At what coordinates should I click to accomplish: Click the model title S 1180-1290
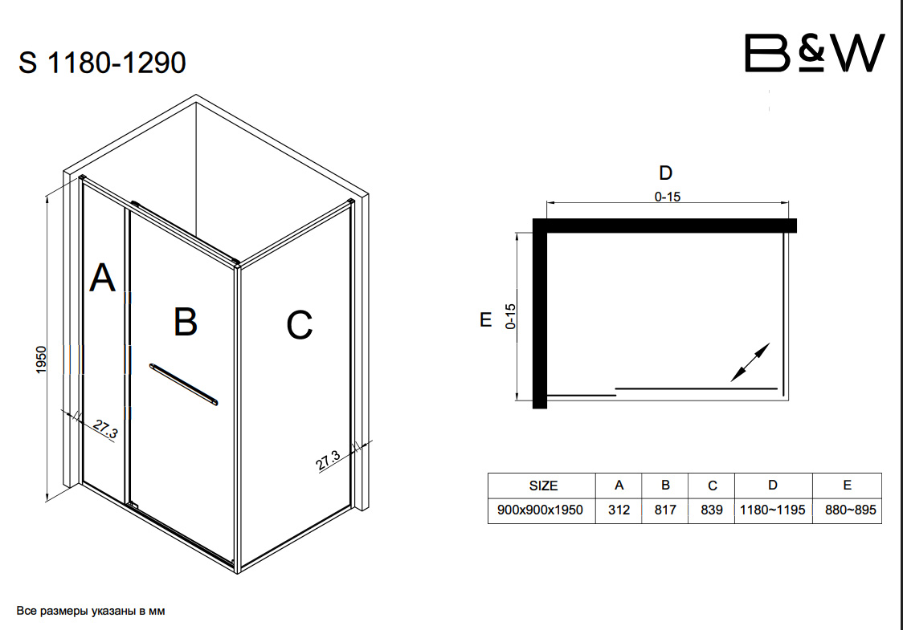102,62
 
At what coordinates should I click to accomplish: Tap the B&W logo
814,54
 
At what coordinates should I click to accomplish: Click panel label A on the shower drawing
102,278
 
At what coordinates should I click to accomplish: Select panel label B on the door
186,322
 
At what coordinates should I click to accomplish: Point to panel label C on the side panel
299,325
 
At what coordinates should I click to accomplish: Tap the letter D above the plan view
665,173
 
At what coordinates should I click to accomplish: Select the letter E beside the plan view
485,319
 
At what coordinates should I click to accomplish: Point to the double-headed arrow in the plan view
750,362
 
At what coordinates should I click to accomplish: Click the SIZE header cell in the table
543,486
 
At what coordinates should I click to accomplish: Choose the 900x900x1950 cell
541,510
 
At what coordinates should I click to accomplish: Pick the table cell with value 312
619,510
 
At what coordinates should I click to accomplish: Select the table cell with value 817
665,510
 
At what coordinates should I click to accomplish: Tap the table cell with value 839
712,510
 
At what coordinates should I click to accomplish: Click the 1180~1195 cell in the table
772,510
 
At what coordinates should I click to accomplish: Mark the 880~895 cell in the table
847,510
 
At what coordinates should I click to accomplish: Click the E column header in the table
847,486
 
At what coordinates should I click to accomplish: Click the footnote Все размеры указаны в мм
91,611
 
